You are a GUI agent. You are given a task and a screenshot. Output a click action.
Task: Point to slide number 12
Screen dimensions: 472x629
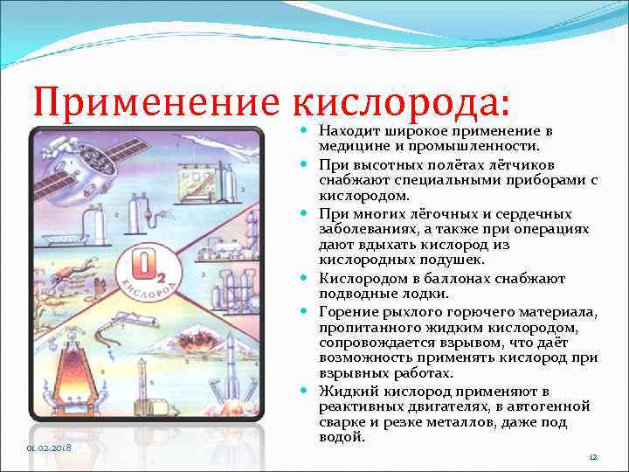(x=591, y=457)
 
